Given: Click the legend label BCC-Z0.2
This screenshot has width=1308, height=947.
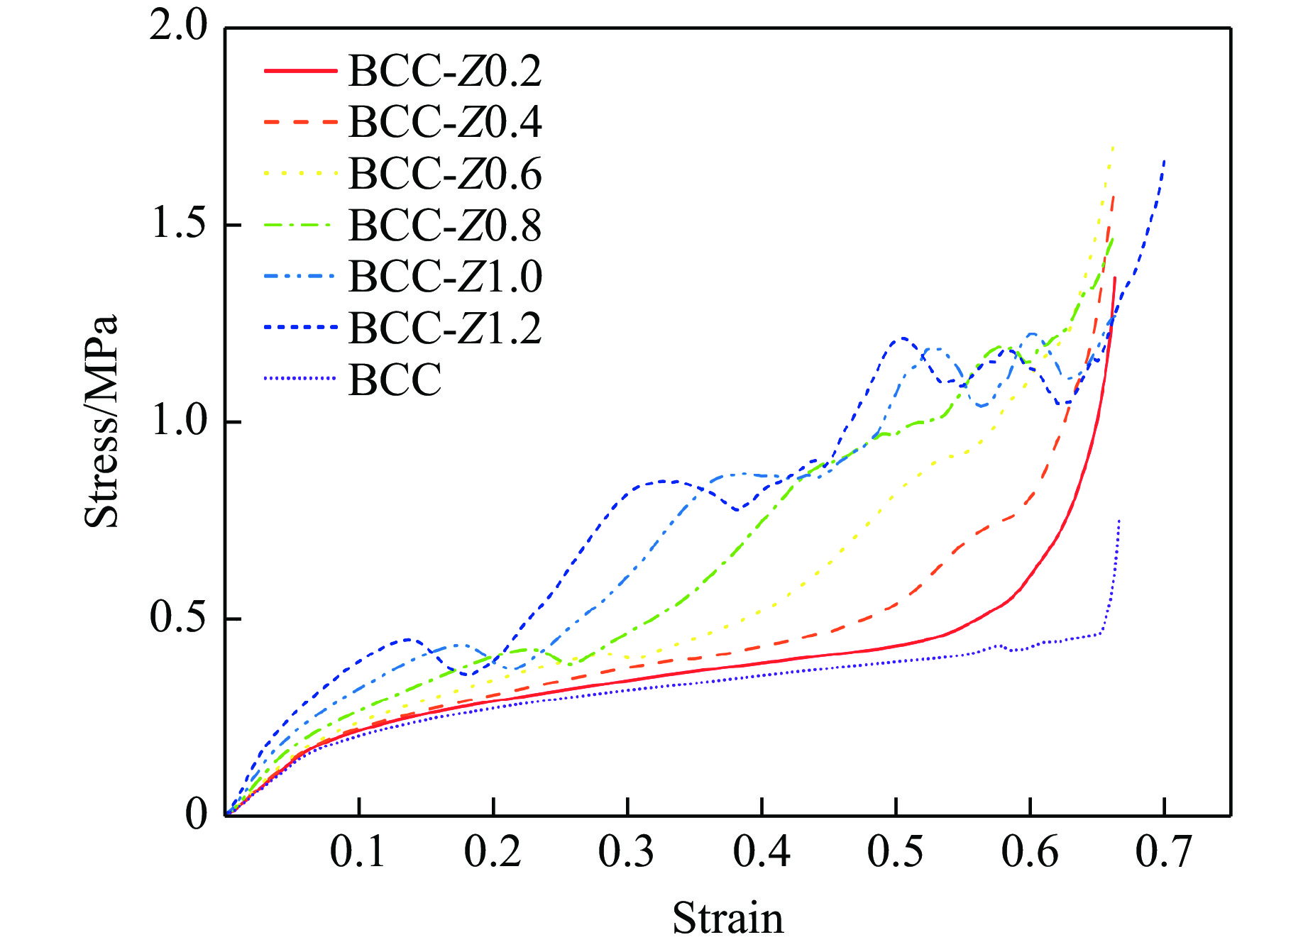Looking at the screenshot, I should (x=445, y=71).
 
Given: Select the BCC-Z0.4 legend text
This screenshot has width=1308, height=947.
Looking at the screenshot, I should (x=445, y=122).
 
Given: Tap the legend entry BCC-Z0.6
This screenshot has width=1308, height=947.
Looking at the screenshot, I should (x=445, y=174).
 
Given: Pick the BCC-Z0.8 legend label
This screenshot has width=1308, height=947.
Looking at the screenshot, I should (x=445, y=226).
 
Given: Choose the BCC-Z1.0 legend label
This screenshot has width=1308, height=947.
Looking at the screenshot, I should (x=445, y=277).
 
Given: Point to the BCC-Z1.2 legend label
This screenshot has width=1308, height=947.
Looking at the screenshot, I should (x=445, y=328).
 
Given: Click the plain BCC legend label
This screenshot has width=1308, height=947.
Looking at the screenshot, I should (x=395, y=380).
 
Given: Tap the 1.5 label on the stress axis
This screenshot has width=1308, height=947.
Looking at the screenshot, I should (x=178, y=223).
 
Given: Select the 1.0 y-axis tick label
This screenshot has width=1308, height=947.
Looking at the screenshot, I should (x=178, y=421).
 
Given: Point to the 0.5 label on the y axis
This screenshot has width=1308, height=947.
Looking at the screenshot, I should (x=178, y=617).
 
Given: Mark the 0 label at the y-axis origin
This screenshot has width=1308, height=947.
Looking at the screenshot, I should (x=197, y=814).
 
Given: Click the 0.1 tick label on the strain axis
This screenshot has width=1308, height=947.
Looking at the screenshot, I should (x=358, y=852).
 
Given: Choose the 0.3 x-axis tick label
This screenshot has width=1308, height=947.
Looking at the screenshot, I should (x=627, y=852).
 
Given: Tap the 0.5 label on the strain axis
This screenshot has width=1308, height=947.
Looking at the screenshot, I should (x=896, y=852).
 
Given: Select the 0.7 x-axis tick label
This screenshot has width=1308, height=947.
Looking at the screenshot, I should (x=1164, y=852).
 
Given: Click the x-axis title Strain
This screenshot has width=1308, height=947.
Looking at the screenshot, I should (x=728, y=919).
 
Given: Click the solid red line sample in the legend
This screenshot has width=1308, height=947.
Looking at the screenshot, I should (x=299, y=71).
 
